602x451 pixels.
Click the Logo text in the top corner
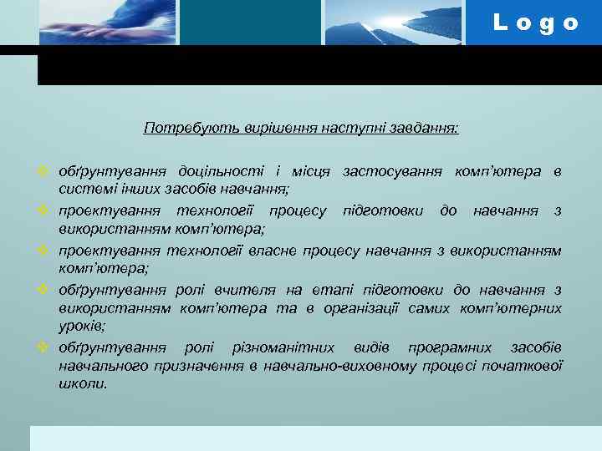(535, 23)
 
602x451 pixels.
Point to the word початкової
(526, 365)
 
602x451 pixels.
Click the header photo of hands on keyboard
(108, 23)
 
